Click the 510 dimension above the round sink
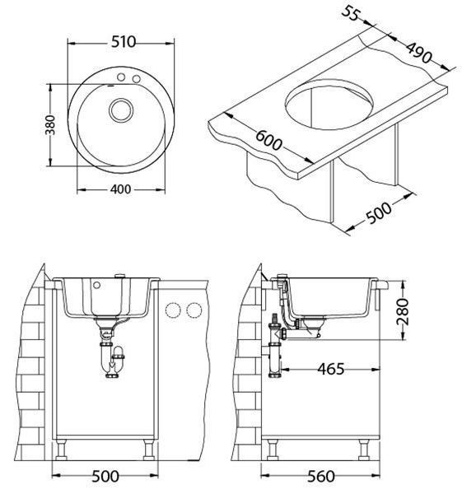click(x=124, y=42)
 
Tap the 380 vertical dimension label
click(x=50, y=125)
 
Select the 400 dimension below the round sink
click(x=120, y=189)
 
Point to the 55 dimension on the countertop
click(x=351, y=13)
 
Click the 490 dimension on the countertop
click(x=418, y=53)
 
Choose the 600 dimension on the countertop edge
click(x=268, y=140)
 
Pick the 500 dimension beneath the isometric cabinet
click(x=379, y=212)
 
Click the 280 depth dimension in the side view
click(x=403, y=311)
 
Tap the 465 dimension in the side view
click(x=331, y=369)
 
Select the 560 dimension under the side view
click(x=321, y=477)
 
